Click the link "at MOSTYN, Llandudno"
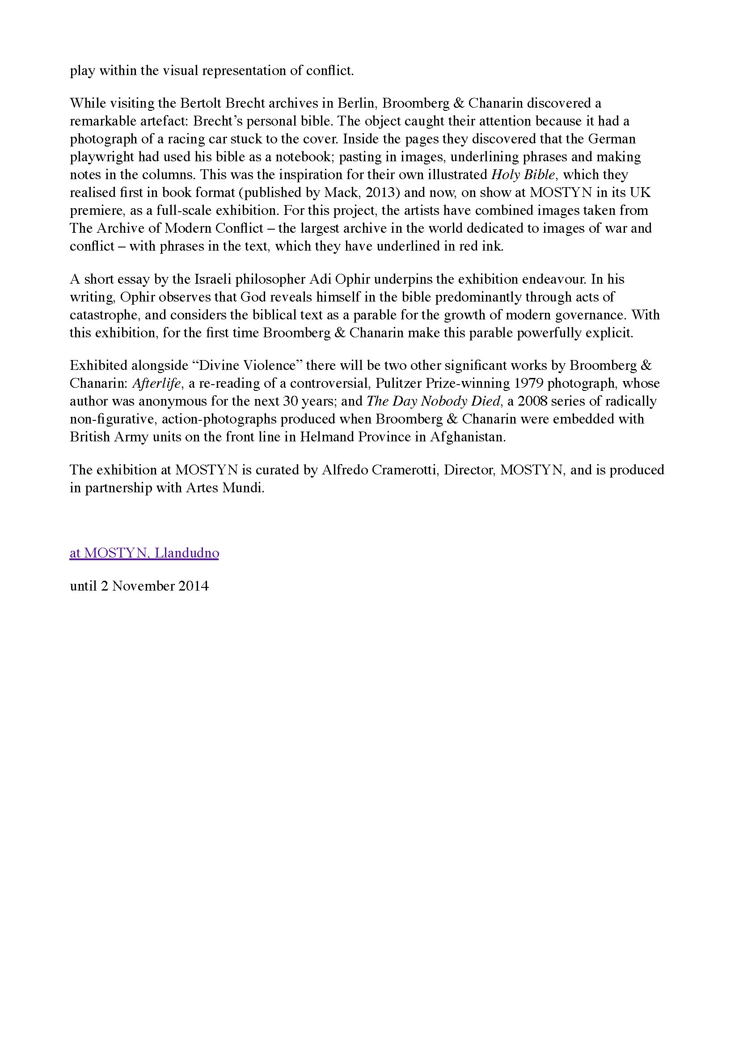pyautogui.click(x=144, y=553)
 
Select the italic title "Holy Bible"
pyautogui.click(x=524, y=175)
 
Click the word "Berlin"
pyautogui.click(x=355, y=103)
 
